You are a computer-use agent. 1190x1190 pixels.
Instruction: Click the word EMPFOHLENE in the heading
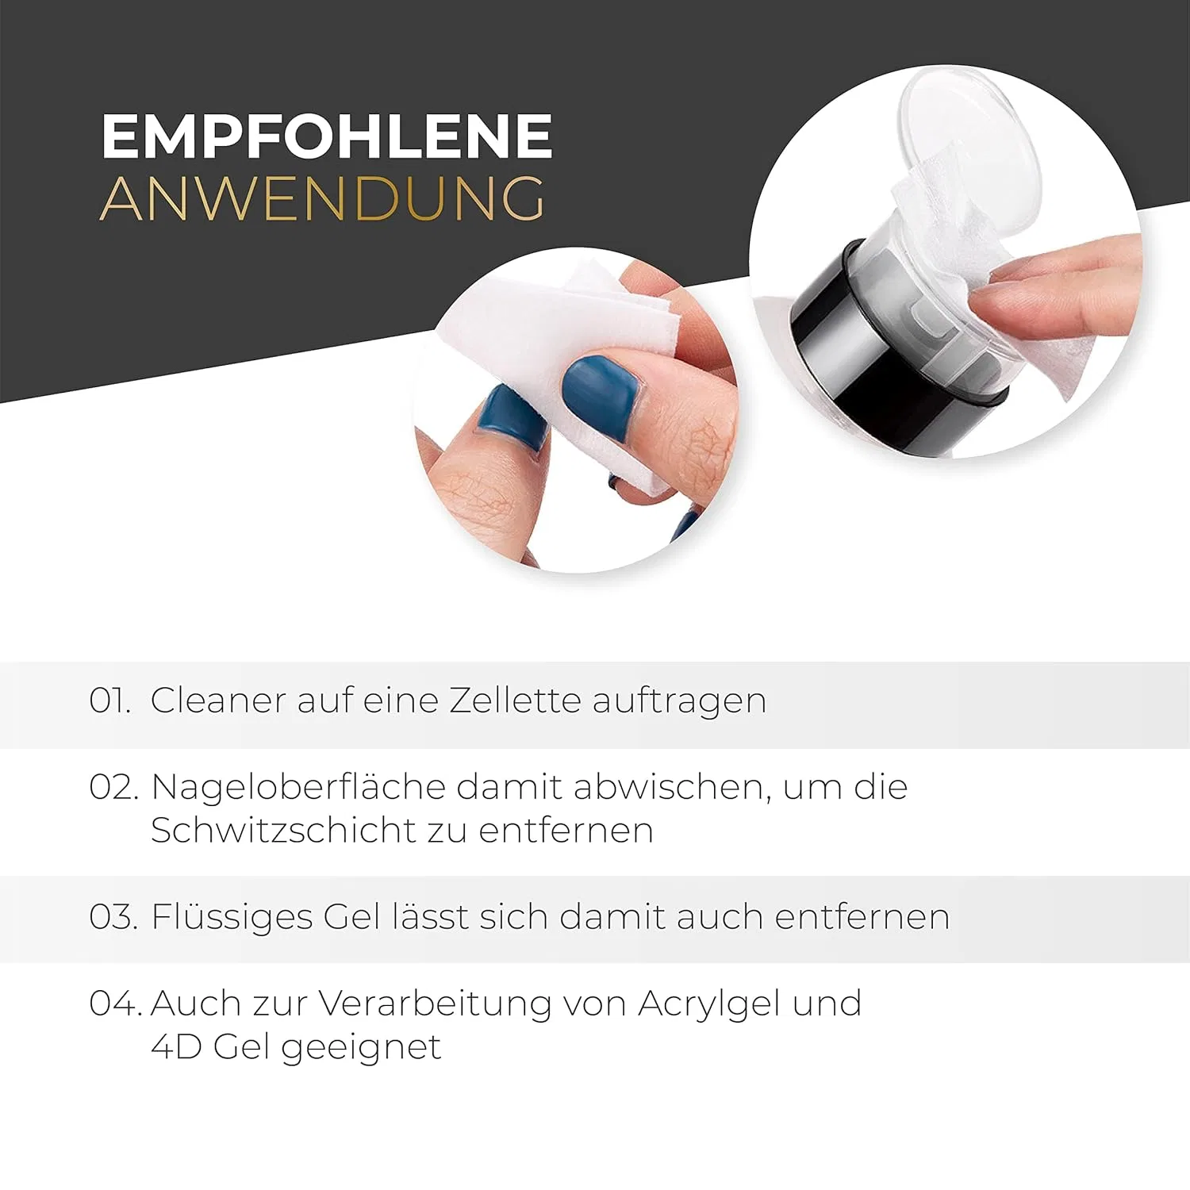click(327, 136)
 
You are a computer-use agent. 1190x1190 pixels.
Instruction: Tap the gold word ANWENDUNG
click(323, 198)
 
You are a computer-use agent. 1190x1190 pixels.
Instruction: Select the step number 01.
click(109, 701)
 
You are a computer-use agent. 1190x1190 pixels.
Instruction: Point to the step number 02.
click(113, 787)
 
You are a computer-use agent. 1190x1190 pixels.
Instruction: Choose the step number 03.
click(113, 917)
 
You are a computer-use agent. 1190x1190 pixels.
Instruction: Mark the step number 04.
click(115, 1004)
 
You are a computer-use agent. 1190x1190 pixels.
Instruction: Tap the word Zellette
click(515, 701)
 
